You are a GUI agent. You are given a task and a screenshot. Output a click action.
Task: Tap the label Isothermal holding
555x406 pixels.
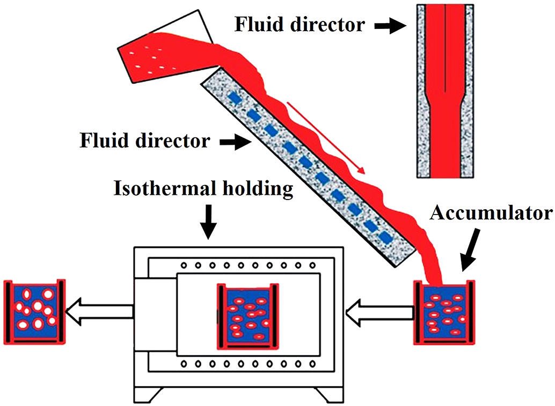[x=204, y=189]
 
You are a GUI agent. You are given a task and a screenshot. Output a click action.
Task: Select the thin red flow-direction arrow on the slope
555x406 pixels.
[x=327, y=137]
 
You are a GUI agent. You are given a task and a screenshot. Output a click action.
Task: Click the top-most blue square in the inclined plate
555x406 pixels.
[x=234, y=98]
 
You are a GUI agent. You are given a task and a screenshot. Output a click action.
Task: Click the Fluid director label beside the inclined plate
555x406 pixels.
[x=145, y=141]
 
